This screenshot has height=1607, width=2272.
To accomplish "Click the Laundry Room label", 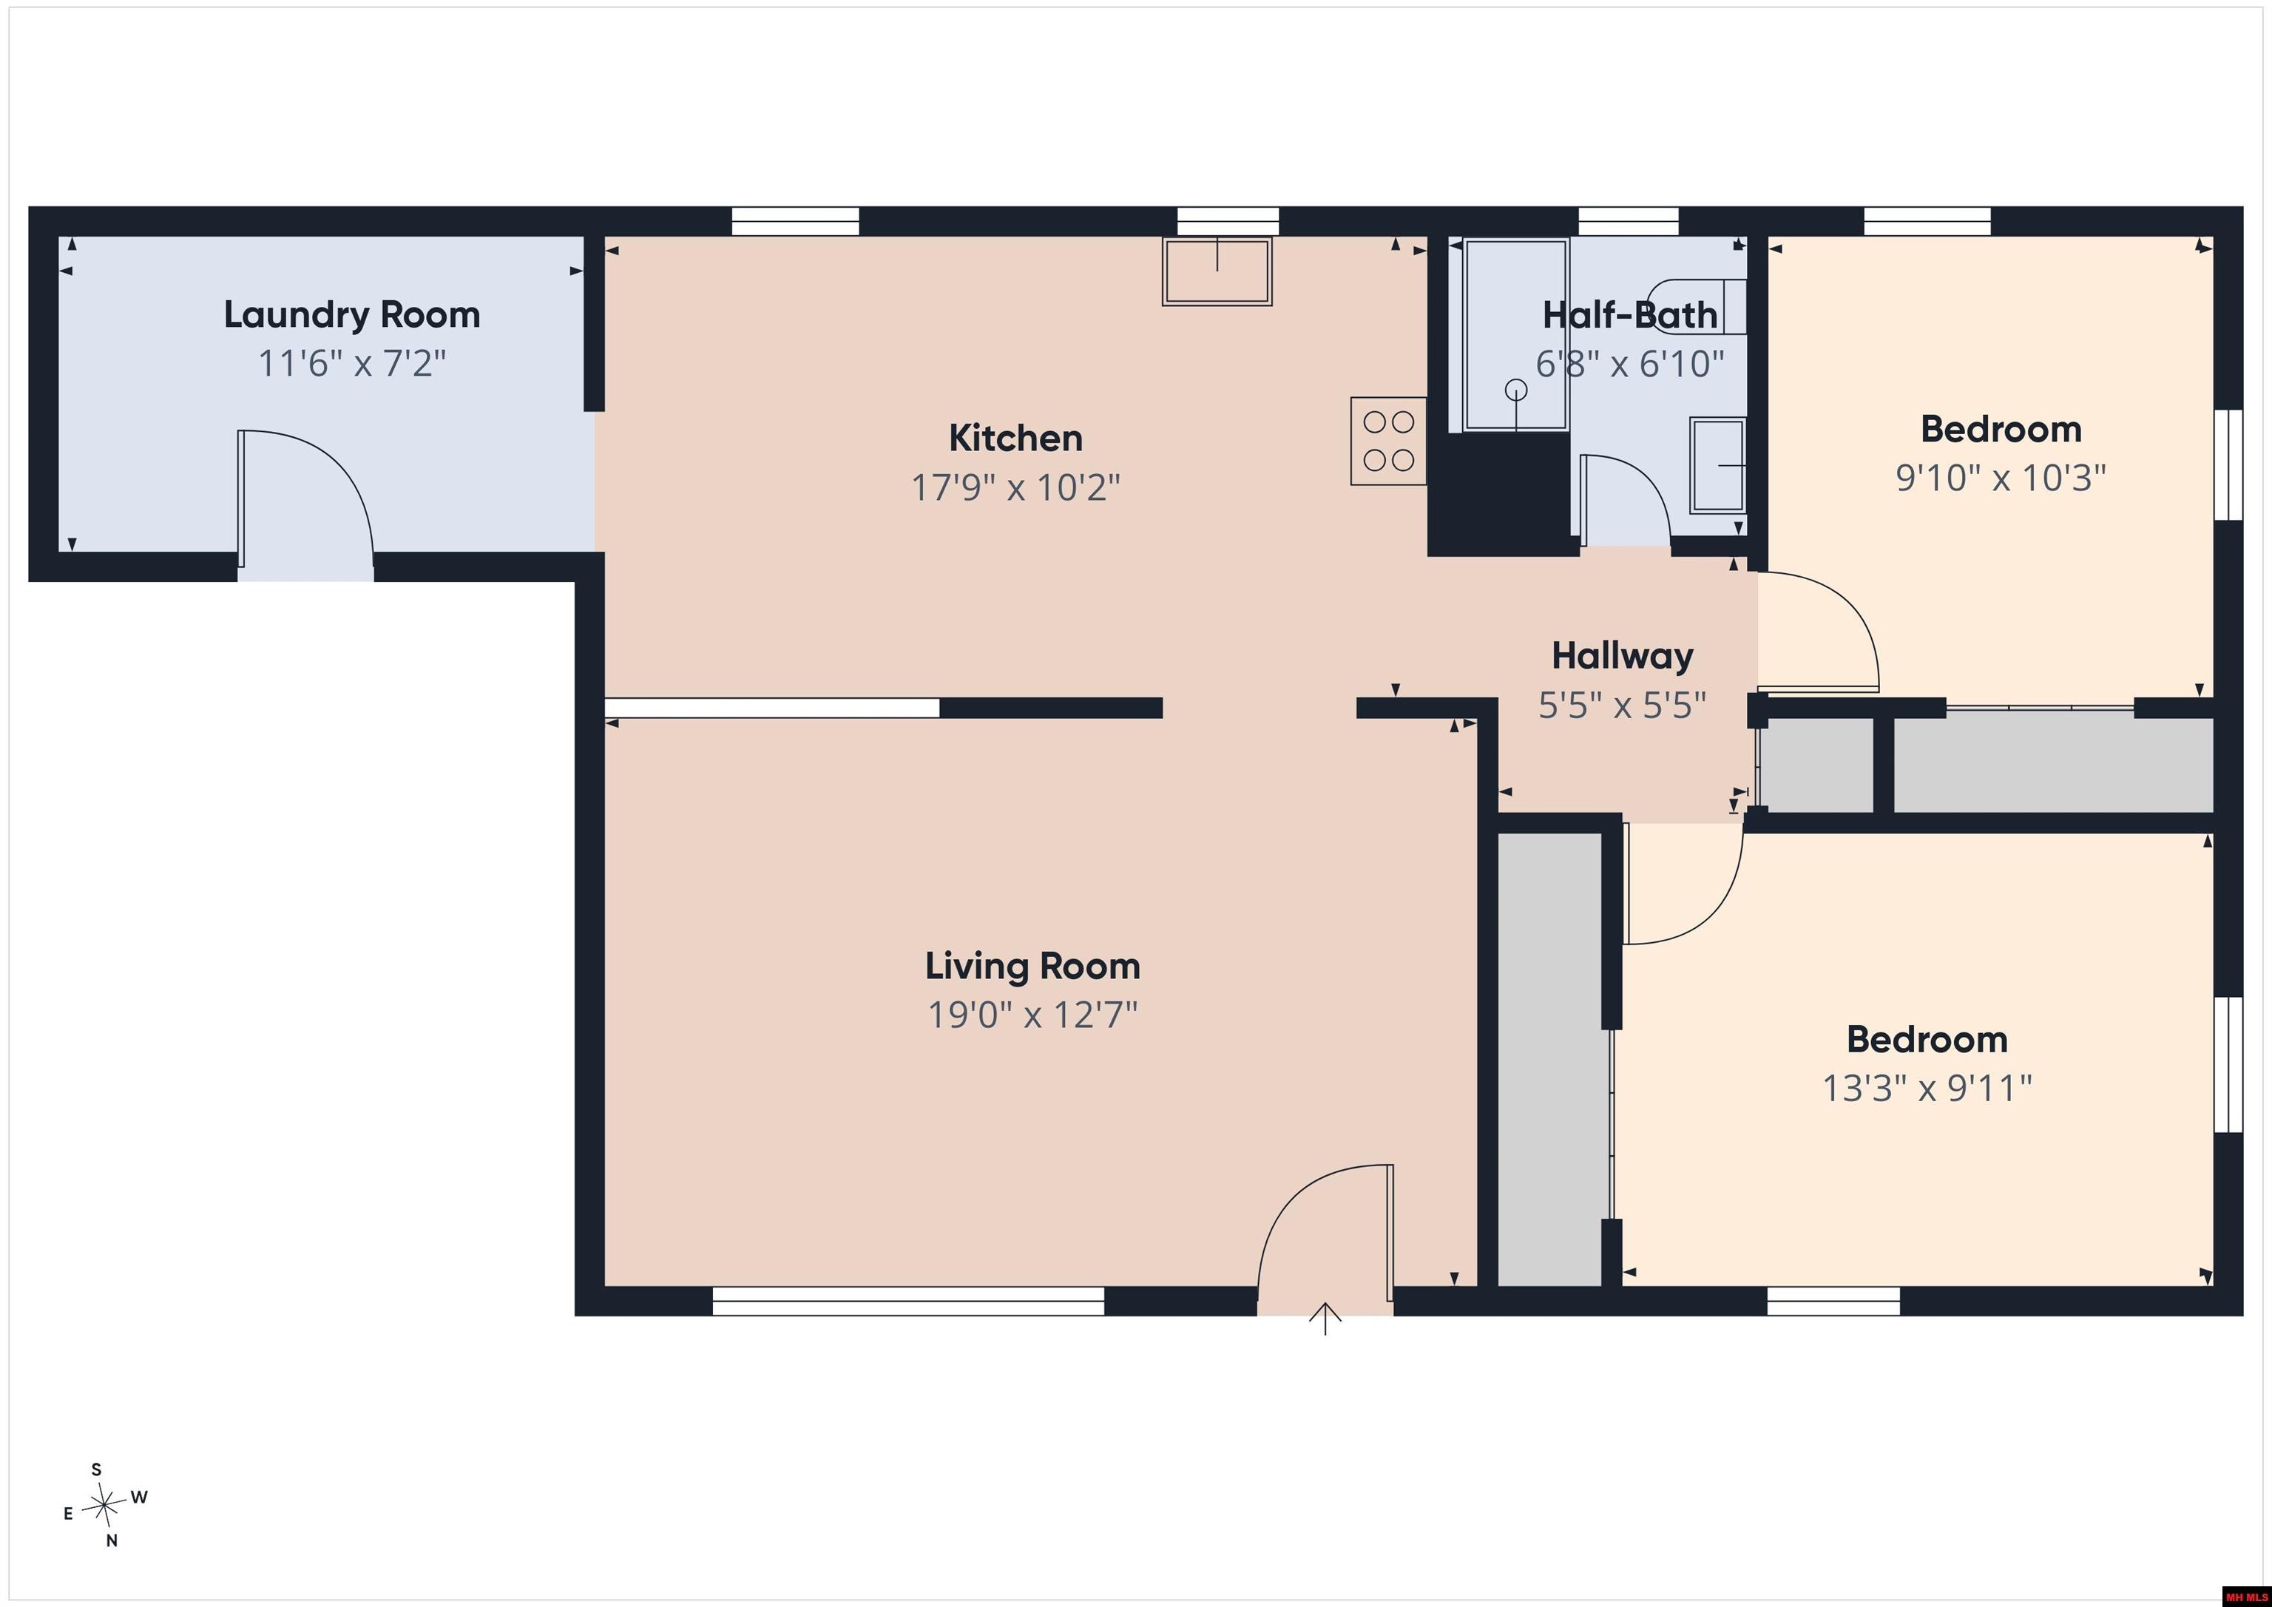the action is pos(351,315).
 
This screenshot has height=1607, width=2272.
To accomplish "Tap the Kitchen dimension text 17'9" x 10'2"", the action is pos(1015,487).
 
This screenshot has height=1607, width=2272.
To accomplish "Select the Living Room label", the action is pos(1032,966).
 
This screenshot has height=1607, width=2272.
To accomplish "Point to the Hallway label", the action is pos(1622,656).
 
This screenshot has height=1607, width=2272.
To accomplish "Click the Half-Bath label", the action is pos(1630,316).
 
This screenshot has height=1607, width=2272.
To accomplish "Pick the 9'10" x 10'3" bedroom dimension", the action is pos(2000,478).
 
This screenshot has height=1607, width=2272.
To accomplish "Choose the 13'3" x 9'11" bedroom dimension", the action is pos(1927,1089).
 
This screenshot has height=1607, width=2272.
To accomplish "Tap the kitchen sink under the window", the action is pos(1217,271).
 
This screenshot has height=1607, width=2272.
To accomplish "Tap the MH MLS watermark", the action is pos(2245,1596).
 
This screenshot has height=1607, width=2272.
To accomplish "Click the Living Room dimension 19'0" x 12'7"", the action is pos(1032,1015).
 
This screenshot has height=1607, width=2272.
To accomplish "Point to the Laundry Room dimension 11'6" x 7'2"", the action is pos(351,364).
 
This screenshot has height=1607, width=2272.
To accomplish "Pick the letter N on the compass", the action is pos(112,1540).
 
